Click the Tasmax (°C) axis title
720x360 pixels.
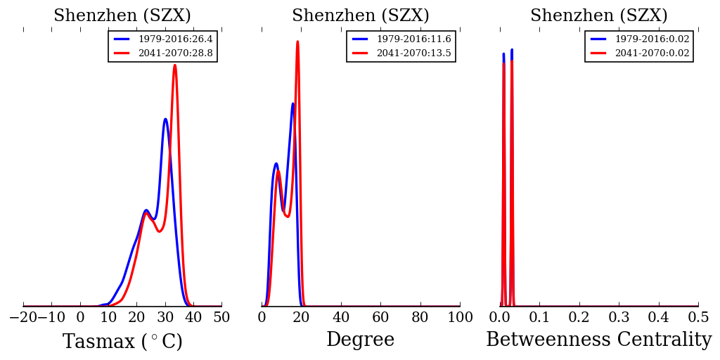coord(122,342)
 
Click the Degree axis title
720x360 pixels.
coord(360,340)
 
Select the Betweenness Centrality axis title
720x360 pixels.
coord(598,340)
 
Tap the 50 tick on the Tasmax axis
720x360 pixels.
coord(221,318)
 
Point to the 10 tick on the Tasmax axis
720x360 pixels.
coord(108,318)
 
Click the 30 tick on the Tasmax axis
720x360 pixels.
coord(165,318)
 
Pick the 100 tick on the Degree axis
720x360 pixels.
coord(460,318)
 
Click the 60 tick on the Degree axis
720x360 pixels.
coord(380,318)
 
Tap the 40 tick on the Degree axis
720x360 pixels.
coord(341,318)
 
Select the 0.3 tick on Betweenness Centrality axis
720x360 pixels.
coord(619,318)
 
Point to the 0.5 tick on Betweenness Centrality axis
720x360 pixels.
coord(698,318)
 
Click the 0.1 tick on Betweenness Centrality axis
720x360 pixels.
coord(539,318)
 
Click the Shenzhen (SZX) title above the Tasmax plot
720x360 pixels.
coord(122,16)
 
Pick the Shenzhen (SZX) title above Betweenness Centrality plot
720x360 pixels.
coord(598,16)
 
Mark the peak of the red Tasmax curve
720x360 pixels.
coord(174,65)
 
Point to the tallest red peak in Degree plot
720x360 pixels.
coord(297,41)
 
